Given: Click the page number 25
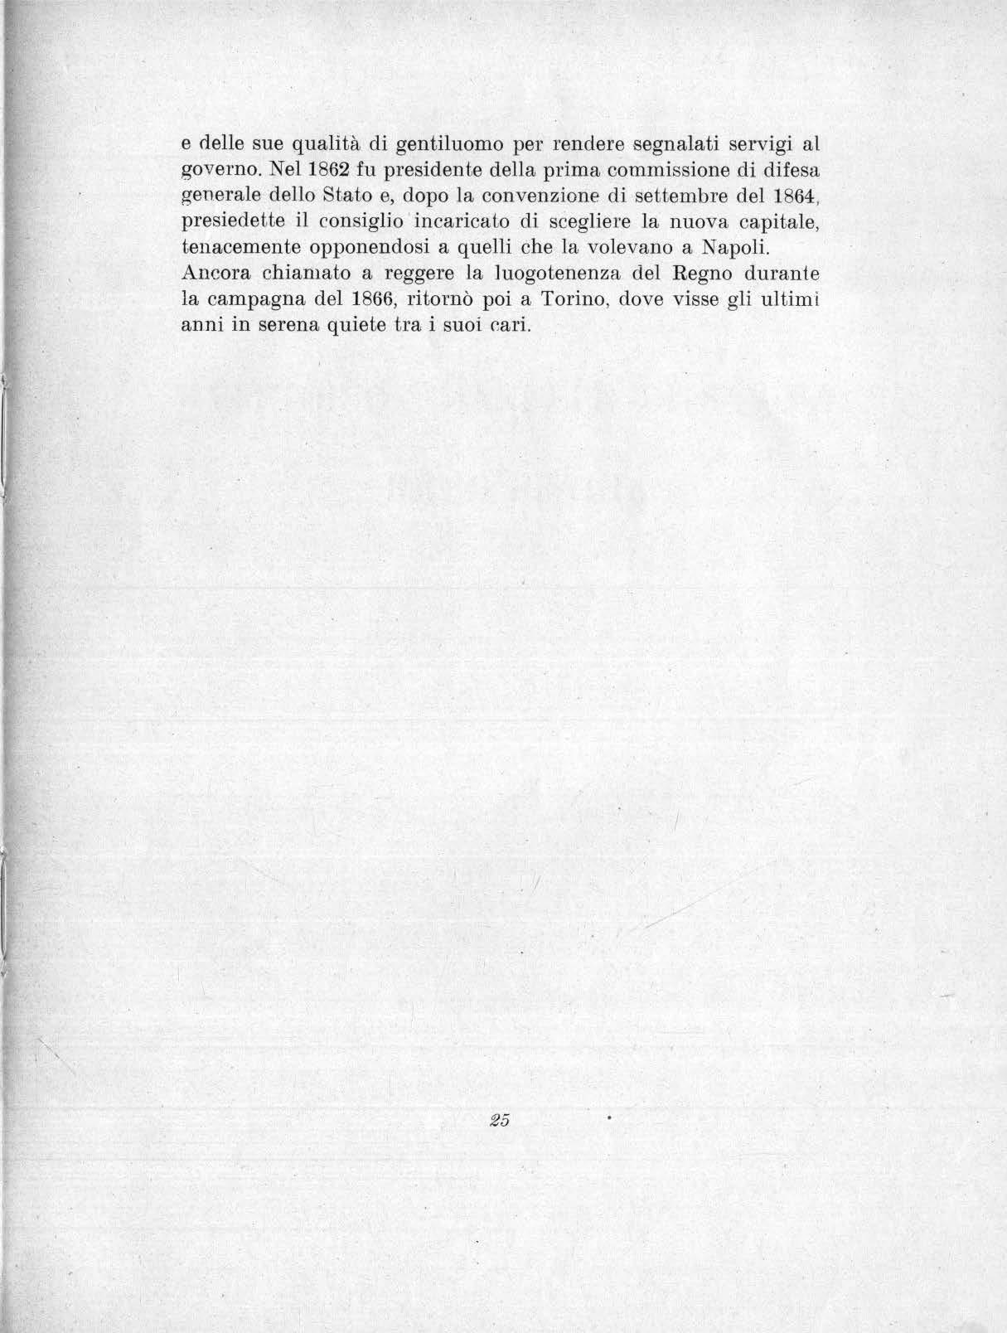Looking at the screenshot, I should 498,1120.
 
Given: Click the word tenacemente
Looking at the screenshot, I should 239,248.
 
